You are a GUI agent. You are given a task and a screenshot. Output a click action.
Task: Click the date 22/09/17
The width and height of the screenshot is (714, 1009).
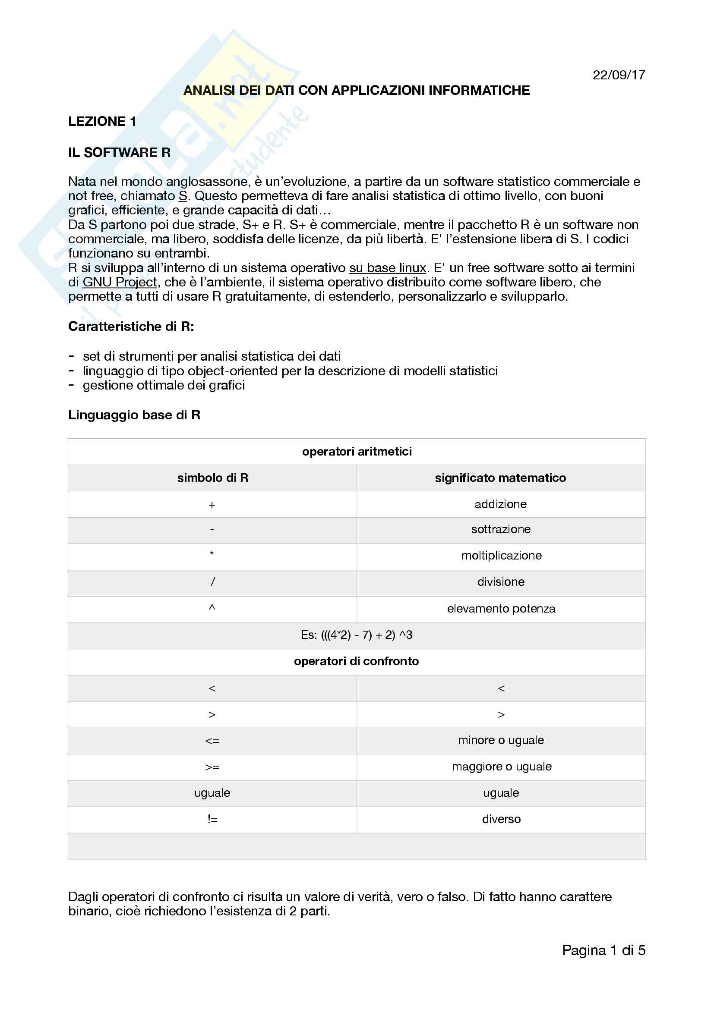tap(618, 75)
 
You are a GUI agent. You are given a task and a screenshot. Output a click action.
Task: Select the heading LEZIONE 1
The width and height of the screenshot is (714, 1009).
tap(102, 122)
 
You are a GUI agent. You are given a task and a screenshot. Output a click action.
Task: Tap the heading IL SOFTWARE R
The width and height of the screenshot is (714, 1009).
tap(119, 152)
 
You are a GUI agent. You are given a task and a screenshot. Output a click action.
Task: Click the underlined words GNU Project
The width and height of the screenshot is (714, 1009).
tap(120, 282)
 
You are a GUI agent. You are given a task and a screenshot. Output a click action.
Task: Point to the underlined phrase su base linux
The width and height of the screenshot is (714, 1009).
tap(387, 267)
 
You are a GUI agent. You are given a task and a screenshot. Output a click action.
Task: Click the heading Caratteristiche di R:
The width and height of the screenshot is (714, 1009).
tap(131, 327)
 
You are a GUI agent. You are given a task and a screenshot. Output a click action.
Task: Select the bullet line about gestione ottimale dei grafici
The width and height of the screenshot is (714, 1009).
tap(164, 385)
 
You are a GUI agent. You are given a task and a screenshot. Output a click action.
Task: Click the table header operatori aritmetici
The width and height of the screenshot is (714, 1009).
tap(357, 451)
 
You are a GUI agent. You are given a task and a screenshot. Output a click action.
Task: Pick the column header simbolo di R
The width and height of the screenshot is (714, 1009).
tap(212, 478)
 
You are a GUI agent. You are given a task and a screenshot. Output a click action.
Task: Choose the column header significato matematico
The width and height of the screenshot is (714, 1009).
tap(500, 478)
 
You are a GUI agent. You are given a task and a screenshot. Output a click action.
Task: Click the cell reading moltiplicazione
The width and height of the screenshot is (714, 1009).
tap(501, 556)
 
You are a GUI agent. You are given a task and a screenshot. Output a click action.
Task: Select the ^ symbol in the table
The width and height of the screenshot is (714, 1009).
tap(212, 608)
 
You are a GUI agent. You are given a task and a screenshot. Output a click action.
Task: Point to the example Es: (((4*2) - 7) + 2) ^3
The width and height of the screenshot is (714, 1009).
tap(357, 635)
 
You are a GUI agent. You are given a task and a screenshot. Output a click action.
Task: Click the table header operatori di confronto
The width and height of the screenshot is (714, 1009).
tap(356, 661)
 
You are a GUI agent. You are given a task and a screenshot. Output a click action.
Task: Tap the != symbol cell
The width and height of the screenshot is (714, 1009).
tap(212, 819)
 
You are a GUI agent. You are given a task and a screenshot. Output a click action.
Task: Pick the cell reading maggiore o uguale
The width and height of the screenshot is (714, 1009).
tap(501, 767)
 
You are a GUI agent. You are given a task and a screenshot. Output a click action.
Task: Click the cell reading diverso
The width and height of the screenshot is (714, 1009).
tap(501, 819)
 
